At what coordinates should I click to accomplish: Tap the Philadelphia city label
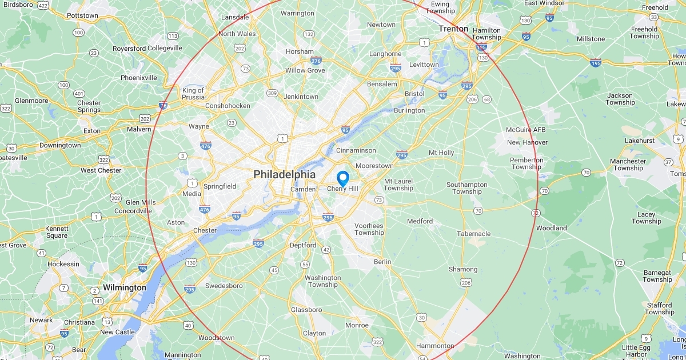[x=284, y=174]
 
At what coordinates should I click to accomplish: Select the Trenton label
[x=453, y=29]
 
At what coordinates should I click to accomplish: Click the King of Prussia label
[x=193, y=94]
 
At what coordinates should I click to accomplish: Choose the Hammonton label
[x=434, y=346]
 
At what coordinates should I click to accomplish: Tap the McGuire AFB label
[x=527, y=130]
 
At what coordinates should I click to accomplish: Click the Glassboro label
[x=306, y=310]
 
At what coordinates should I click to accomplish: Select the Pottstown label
[x=83, y=15]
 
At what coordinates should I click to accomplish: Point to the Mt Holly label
[x=441, y=153]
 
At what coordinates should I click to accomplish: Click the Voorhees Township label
[x=369, y=229]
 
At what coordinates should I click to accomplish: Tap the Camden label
[x=303, y=189]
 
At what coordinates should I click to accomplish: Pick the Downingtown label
[x=60, y=145]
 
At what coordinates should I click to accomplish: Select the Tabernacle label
[x=473, y=234]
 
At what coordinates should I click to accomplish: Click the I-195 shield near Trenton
[x=481, y=48]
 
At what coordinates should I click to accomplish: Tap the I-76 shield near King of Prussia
[x=163, y=105]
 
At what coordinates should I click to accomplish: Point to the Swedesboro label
[x=224, y=286]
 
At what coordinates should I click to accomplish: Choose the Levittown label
[x=423, y=65]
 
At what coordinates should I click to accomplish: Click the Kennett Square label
[x=57, y=232]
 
